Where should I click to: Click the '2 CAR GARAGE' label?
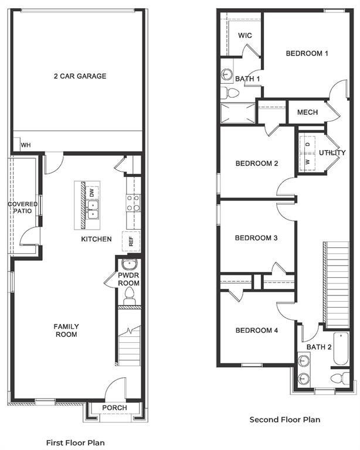pos(80,76)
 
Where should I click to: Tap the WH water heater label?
pos(26,145)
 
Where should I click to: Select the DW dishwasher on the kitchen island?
pos(91,192)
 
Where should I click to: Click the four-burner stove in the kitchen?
pos(134,203)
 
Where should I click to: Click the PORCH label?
pos(114,408)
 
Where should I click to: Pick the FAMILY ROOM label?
pos(66,330)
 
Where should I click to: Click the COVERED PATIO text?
pos(22,208)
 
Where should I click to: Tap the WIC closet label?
pos(245,36)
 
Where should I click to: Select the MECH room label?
pos(307,112)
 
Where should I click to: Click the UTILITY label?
pos(332,153)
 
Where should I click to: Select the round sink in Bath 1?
pos(227,74)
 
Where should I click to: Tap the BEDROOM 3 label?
pos(256,238)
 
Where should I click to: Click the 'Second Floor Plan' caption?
pos(285,420)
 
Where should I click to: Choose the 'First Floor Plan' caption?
pos(75,442)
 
